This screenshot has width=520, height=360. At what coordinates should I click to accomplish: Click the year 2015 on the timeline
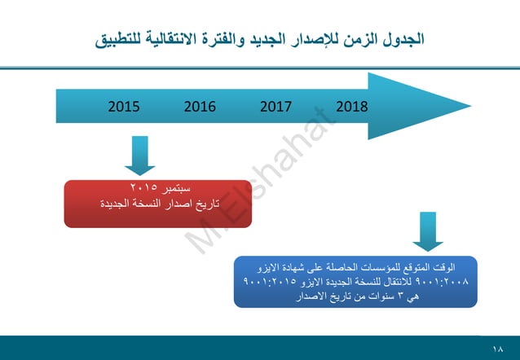coord(124,107)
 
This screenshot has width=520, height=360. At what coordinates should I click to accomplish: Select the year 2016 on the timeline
coord(200,107)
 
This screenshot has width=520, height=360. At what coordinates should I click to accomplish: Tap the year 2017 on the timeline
coord(275,107)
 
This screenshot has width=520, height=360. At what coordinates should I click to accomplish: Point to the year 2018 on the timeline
coord(351,107)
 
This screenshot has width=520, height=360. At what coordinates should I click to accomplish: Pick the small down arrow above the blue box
coord(428,232)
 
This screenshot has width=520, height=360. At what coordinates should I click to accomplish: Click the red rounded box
coord(158,203)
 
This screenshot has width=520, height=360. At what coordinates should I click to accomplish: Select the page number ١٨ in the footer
coord(499,348)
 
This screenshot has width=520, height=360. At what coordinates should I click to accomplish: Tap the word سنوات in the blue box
coord(377,296)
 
